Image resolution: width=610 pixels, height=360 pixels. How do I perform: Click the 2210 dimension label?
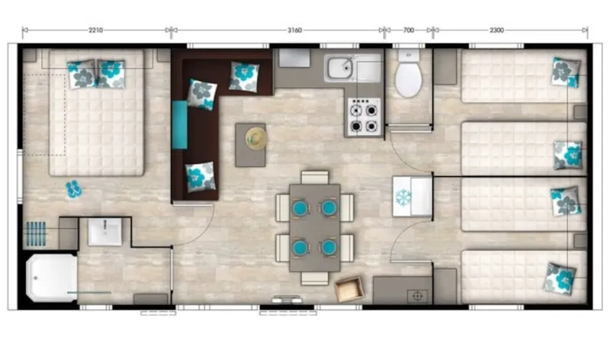click(95, 31)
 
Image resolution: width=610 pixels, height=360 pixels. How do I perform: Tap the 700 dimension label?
click(408, 31)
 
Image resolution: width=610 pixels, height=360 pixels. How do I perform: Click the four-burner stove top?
click(364, 117)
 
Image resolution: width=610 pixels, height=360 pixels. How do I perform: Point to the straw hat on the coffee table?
click(254, 138)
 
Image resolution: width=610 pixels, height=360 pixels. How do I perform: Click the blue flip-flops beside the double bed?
click(73, 188)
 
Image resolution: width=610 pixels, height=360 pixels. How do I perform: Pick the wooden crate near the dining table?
click(350, 289)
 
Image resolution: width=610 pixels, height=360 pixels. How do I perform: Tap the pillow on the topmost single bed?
click(565, 72)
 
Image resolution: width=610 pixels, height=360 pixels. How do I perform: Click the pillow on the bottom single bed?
click(560, 278)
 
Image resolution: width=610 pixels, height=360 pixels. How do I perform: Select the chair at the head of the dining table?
click(314, 178)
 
